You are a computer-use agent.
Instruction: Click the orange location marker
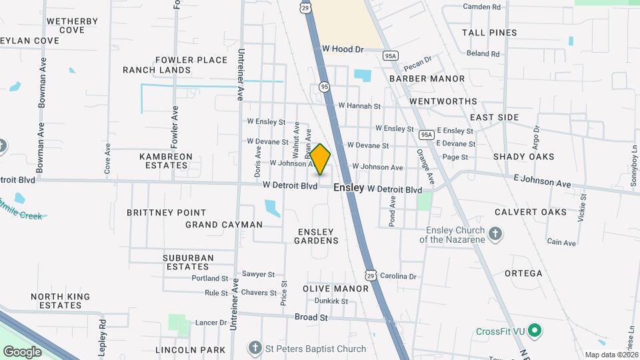coord(321,159)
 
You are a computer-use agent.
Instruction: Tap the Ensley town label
coord(349,188)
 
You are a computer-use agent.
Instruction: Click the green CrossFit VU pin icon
coord(535,331)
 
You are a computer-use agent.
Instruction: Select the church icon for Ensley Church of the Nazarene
coord(495,234)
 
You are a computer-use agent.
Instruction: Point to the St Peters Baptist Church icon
coord(254,348)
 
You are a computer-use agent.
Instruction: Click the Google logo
coord(22,351)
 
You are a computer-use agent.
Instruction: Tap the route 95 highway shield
coord(324,87)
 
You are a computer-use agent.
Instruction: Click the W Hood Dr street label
coord(342,49)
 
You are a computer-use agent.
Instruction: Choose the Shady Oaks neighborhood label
coord(523,157)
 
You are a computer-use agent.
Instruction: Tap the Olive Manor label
coord(335,289)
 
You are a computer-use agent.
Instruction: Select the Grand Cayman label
coord(224,225)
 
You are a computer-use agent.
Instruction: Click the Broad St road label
coord(311,317)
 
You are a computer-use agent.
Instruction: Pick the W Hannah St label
coord(359,105)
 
